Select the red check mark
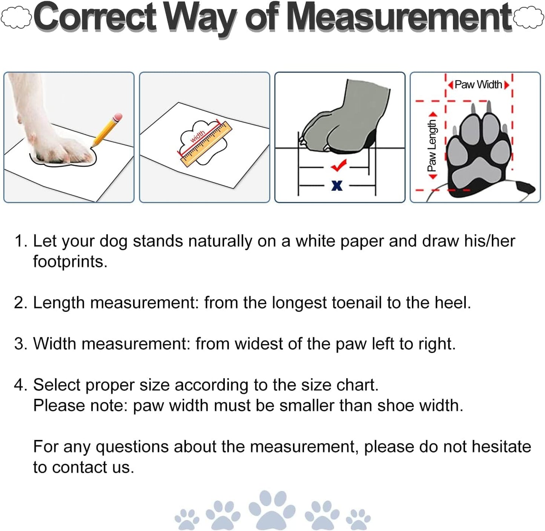click(338, 165)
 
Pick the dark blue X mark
click(337, 185)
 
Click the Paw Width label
click(478, 85)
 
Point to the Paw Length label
click(432, 145)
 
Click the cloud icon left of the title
click(16, 18)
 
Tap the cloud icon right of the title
click(529, 18)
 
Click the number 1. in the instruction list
click(20, 241)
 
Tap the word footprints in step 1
click(70, 262)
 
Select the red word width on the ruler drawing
click(197, 136)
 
